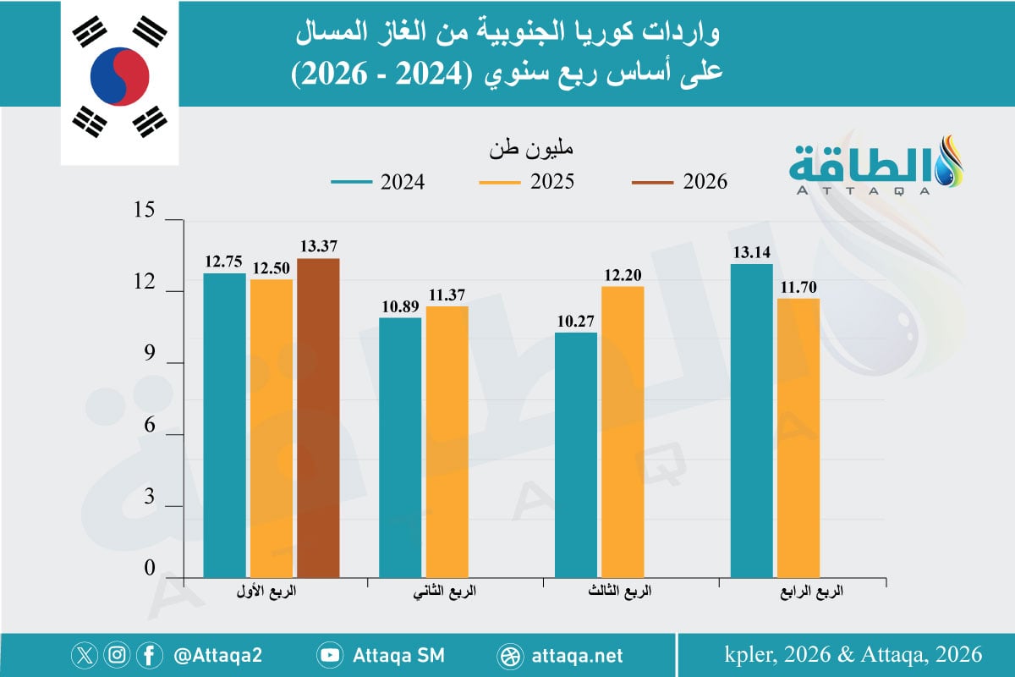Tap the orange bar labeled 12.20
click(x=623, y=432)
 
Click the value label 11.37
click(x=446, y=294)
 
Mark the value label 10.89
click(x=400, y=306)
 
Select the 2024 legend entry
click(x=377, y=182)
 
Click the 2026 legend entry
click(x=681, y=182)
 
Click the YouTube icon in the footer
click(x=330, y=655)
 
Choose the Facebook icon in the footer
click(x=149, y=655)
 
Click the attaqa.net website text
click(x=579, y=655)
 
